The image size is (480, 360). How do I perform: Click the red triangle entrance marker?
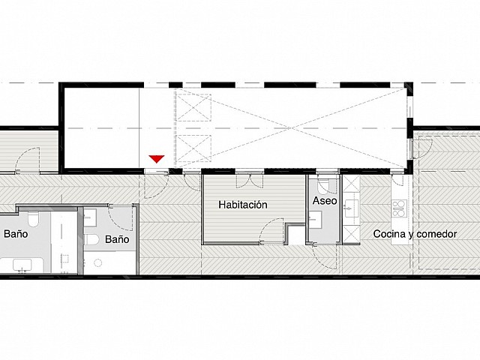(x=157, y=158)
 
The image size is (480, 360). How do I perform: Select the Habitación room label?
(x=243, y=205)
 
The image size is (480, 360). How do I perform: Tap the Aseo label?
(x=325, y=201)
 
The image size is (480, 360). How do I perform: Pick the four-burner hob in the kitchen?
(x=400, y=208)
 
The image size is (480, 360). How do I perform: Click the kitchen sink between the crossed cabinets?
(x=351, y=208)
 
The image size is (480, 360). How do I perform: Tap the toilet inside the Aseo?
(x=323, y=184)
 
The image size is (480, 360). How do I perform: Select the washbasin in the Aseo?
(x=315, y=220)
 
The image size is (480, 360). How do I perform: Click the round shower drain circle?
(x=98, y=262)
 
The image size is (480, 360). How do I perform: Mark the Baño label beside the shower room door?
(x=117, y=239)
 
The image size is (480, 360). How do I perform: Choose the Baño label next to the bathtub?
(x=16, y=234)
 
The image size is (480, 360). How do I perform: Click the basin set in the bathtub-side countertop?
(x=22, y=265)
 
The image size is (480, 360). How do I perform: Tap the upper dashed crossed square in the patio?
(x=193, y=108)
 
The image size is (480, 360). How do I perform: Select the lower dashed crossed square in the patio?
(x=193, y=148)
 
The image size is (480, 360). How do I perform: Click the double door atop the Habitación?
(x=250, y=181)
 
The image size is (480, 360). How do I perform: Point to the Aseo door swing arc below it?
(x=325, y=256)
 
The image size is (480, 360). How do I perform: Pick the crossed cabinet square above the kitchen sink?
(x=352, y=184)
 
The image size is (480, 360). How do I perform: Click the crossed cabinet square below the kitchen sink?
(x=352, y=234)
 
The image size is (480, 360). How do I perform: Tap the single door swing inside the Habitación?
(x=271, y=231)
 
